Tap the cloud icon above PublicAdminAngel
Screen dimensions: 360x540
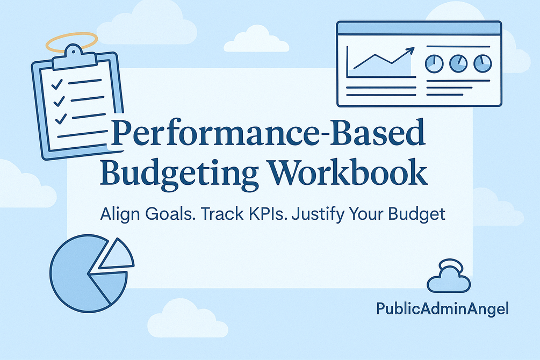point(448,279)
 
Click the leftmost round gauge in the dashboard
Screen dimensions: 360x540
point(433,63)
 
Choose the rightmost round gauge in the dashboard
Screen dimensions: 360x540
point(482,63)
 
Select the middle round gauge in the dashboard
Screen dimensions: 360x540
point(458,63)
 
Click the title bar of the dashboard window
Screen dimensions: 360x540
point(419,28)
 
